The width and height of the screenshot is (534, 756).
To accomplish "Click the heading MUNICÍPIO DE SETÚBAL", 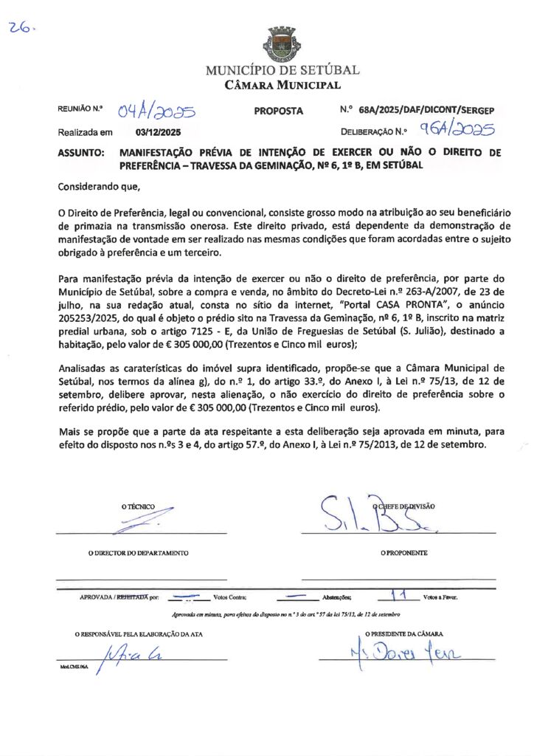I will [282, 71].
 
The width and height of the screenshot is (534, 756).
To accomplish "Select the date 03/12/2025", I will [159, 133].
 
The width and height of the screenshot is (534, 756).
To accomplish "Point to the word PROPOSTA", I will [279, 111].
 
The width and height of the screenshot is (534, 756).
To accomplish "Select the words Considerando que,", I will [98, 188].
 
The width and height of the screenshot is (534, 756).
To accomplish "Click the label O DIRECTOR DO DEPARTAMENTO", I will [139, 553].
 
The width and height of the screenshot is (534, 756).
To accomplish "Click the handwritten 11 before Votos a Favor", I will [400, 594].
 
